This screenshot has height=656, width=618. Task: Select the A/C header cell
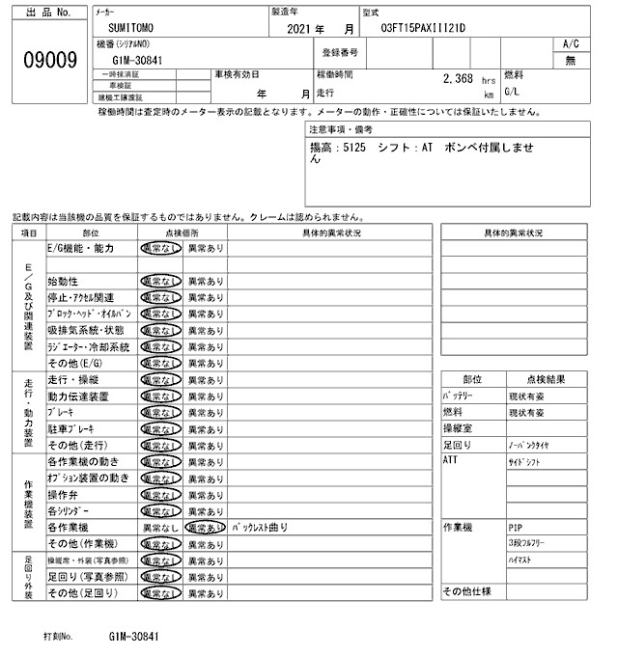pos(570,43)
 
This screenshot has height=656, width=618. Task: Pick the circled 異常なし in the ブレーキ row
pos(159,412)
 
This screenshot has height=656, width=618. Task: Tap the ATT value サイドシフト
pos(523,461)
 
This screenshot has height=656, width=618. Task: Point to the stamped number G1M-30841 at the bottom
pos(132,638)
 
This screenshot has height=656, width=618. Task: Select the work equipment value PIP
pos(515,528)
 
